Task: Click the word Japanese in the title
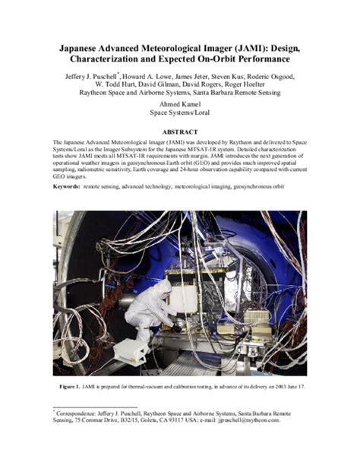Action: coord(87,47)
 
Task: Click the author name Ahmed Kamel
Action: coord(179,104)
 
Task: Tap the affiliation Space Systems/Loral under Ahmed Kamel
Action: coord(179,113)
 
